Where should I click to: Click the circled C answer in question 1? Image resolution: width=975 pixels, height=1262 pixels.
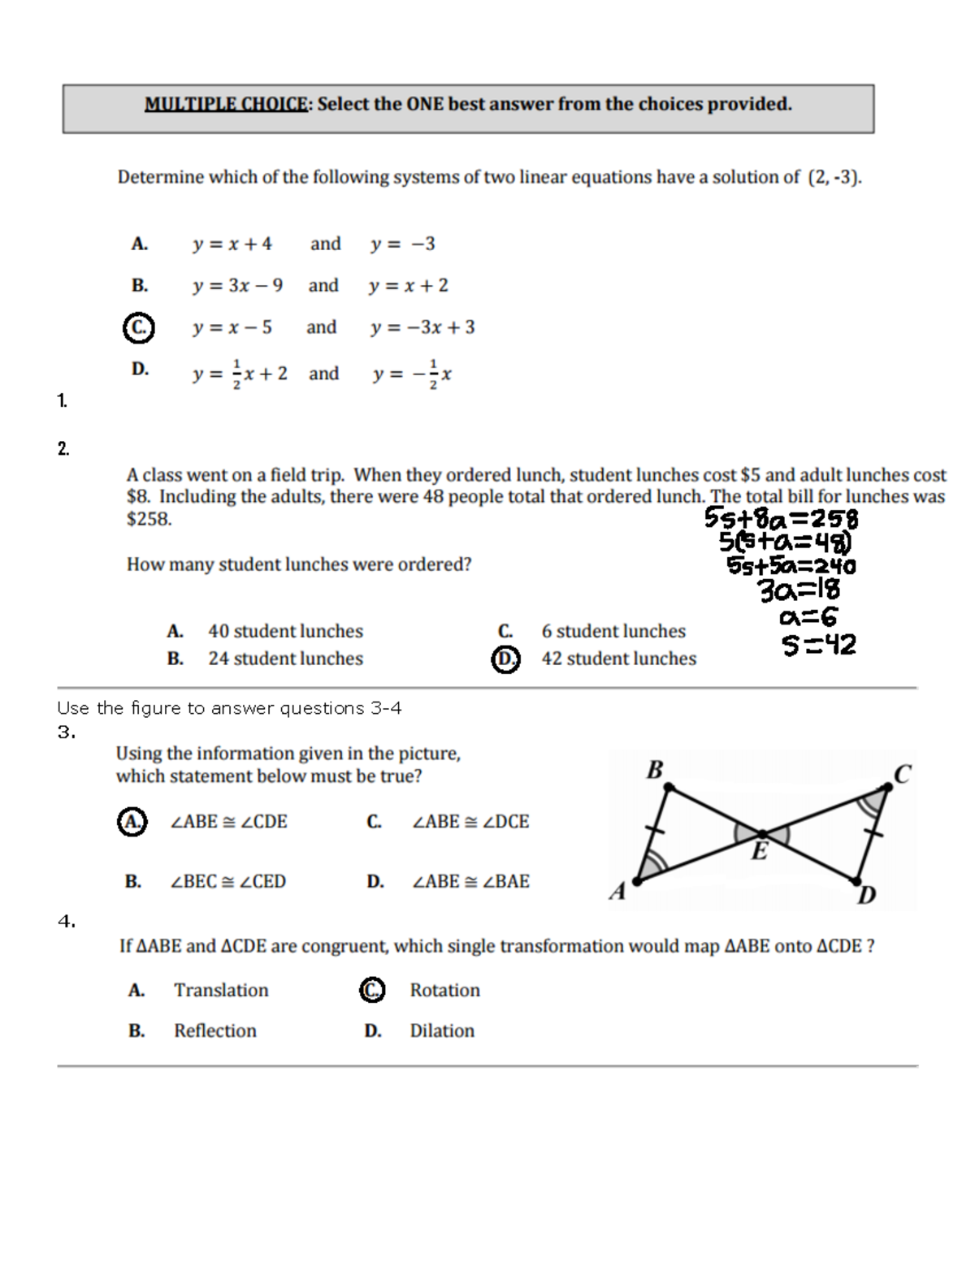139,327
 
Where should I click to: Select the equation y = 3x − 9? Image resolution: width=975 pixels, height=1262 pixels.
237,286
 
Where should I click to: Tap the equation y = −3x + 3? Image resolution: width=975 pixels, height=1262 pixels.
422,327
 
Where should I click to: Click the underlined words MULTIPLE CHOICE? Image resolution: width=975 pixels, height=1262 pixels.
227,104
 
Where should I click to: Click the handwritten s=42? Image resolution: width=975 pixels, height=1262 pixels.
818,646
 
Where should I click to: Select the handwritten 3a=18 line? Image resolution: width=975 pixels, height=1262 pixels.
799,590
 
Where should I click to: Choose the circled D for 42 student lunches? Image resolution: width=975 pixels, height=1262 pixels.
505,659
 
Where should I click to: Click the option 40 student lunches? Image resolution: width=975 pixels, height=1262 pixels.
285,631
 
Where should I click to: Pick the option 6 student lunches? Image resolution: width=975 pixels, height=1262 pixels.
613,631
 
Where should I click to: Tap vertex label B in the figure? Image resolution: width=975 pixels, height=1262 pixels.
654,769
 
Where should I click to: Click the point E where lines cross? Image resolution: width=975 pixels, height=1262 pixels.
762,834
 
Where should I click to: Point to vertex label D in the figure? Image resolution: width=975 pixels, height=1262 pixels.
867,895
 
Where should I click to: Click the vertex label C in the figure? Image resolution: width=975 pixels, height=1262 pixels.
902,774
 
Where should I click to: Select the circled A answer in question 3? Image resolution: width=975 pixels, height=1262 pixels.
132,821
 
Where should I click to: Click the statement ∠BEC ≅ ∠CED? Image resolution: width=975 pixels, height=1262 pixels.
227,881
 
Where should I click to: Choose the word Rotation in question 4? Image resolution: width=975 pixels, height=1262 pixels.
444,990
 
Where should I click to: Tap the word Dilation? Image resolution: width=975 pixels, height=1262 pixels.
442,1031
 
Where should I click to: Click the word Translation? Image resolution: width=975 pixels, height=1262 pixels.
221,990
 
